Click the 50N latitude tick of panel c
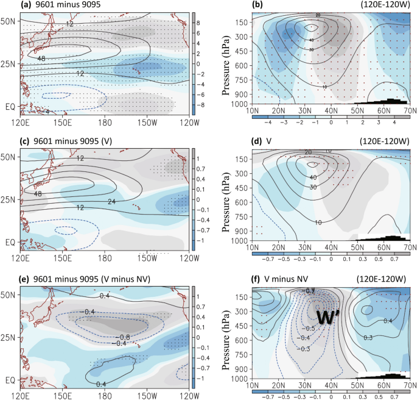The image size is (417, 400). coord(10,157)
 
